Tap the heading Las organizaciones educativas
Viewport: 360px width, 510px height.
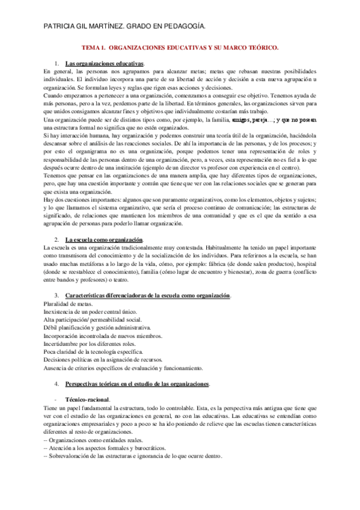105,63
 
